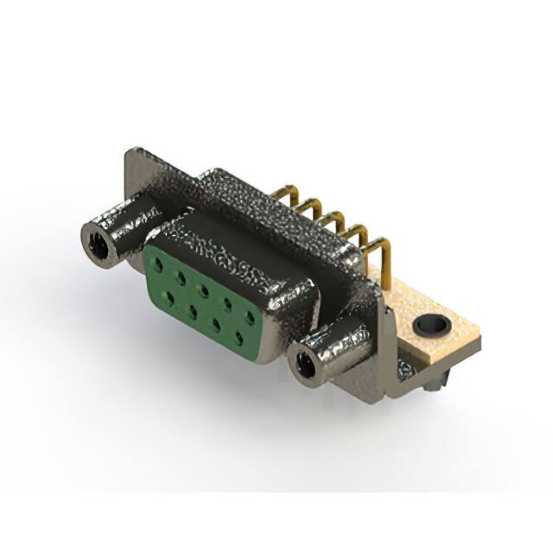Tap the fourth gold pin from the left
[x=356, y=234]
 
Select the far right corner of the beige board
[x=478, y=342]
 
